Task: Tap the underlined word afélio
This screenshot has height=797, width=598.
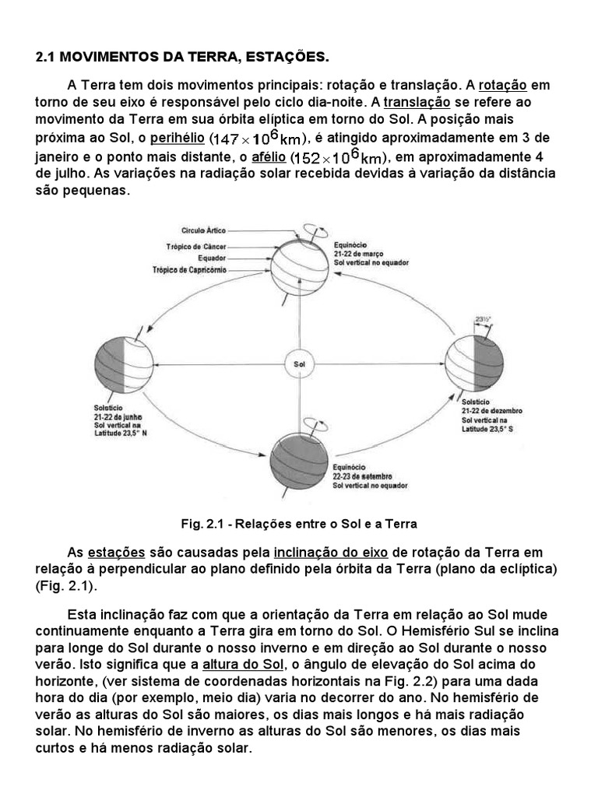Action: [266, 156]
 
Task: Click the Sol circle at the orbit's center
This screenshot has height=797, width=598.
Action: [298, 363]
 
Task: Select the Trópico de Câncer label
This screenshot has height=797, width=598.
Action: [196, 246]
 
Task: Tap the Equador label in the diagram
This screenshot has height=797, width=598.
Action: [211, 258]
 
